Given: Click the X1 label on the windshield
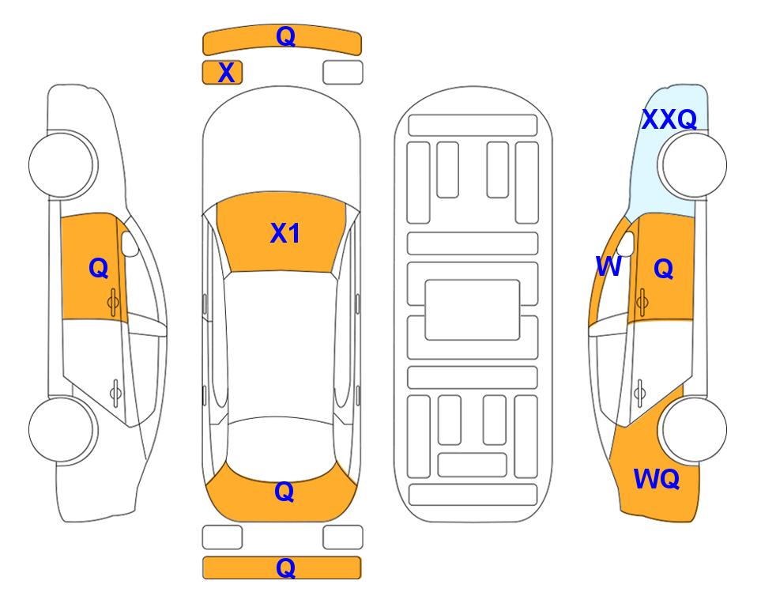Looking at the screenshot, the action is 285,233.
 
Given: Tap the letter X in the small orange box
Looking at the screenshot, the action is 226,73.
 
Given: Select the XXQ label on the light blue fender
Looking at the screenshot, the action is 669,119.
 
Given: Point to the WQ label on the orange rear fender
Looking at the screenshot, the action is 656,479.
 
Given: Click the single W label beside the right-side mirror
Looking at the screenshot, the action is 608,266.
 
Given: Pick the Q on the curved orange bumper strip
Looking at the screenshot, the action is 285,36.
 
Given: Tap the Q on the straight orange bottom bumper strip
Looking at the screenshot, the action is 285,567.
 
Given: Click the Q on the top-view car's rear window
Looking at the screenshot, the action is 284,492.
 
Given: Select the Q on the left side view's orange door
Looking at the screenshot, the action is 99,268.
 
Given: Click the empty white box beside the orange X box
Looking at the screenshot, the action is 343,73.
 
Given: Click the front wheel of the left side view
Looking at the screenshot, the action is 62,164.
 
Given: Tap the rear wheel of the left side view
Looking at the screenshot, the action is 62,429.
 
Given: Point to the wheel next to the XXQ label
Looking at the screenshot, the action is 694,164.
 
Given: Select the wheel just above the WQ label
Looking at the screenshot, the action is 694,429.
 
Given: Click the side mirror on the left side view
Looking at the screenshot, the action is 130,243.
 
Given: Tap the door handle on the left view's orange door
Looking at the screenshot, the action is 114,302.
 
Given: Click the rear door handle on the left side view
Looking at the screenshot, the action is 115,393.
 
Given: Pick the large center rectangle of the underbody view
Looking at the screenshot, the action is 473,310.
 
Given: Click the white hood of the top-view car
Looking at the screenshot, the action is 281,145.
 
